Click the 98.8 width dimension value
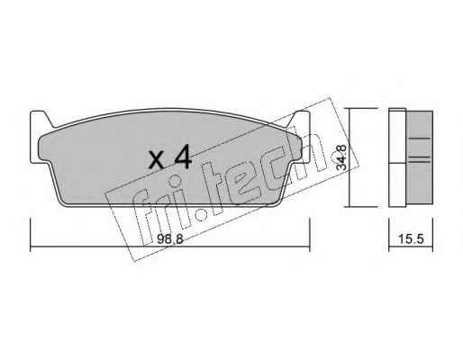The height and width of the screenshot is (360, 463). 169,239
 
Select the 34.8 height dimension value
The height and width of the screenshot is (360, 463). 341,157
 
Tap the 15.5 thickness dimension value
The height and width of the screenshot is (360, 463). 411,239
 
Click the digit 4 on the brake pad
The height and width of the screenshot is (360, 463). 182,157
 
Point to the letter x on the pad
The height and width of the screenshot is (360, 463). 157,160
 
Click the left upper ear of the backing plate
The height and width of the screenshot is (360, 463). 41,119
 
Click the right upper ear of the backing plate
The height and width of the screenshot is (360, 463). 298,119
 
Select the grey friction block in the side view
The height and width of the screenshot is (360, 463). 420,157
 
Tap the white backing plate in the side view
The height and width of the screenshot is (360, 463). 397,157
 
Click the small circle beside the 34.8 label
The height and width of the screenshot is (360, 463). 334,157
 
